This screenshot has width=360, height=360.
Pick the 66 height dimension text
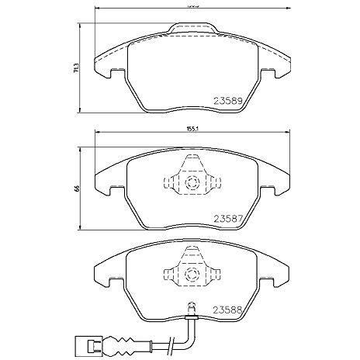pyautogui.click(x=75, y=187)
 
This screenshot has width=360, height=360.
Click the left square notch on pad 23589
pyautogui.click(x=118, y=74)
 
